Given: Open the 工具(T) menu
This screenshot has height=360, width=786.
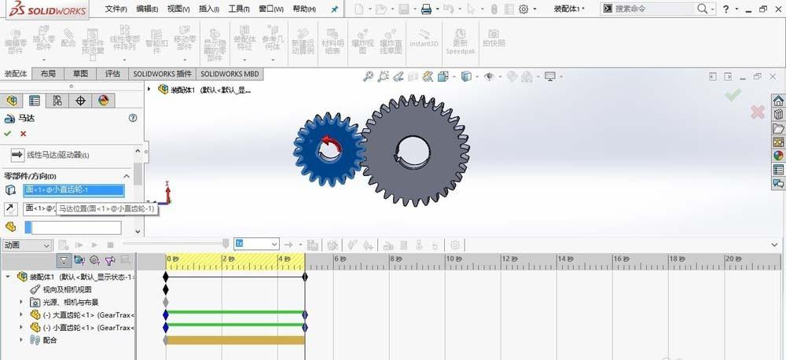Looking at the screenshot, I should (239, 9).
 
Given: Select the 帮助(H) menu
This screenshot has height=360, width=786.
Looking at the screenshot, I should (304, 9).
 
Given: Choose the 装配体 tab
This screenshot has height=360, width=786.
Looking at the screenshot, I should (16, 74).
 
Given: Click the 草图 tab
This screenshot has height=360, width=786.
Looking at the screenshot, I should (81, 74).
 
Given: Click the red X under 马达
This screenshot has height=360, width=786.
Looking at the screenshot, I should (24, 134).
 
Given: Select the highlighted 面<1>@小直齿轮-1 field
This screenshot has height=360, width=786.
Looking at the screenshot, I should (73, 189).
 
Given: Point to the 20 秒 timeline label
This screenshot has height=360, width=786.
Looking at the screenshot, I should (732, 259).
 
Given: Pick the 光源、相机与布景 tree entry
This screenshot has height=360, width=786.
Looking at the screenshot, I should (70, 302).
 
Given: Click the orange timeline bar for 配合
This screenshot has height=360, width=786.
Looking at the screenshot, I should (235, 340).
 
